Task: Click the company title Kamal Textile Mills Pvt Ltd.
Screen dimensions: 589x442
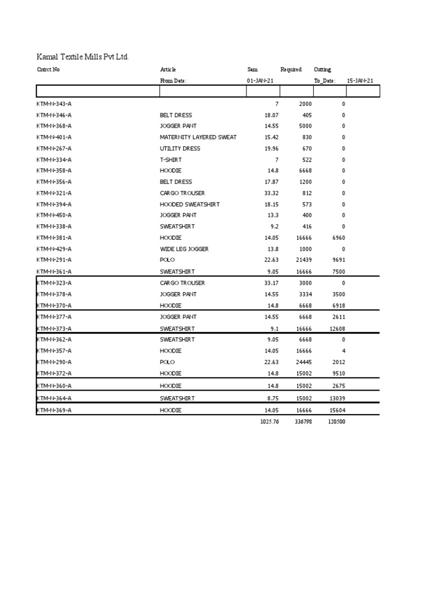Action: click(83, 56)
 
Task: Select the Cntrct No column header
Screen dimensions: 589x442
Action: click(48, 70)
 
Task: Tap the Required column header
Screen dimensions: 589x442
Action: click(291, 70)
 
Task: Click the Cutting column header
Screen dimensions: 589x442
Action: click(322, 70)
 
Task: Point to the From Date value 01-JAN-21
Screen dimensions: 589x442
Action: click(261, 81)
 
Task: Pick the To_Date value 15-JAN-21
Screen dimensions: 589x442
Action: click(360, 81)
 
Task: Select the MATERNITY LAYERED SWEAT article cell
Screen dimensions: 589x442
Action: click(198, 137)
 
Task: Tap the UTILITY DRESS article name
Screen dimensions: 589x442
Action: click(180, 148)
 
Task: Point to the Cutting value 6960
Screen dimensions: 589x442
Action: click(337, 238)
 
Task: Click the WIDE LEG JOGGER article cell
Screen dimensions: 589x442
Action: click(184, 249)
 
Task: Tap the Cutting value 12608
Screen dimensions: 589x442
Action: click(336, 328)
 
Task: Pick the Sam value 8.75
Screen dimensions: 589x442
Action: click(272, 398)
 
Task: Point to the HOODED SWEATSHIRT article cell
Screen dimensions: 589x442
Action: click(190, 205)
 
